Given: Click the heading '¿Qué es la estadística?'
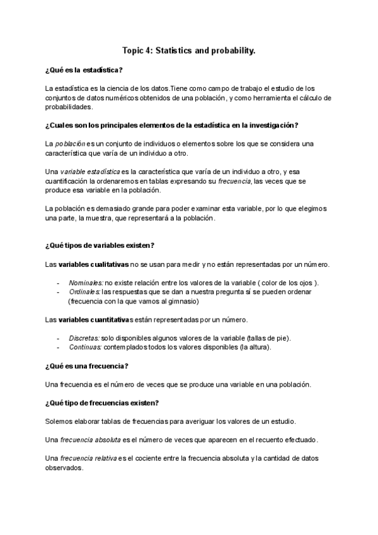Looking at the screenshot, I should point(84,69).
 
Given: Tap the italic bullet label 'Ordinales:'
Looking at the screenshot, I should point(84,292).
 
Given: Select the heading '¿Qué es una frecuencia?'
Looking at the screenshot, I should point(87,366).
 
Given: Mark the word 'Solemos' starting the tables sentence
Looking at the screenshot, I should point(60,421).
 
